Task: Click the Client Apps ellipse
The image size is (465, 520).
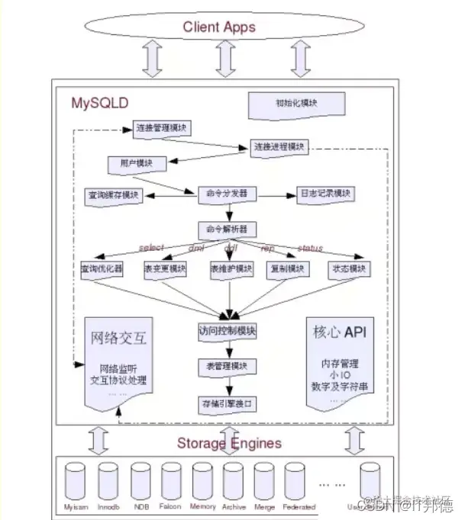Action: [x=218, y=28]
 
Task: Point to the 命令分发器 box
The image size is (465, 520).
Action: [x=227, y=194]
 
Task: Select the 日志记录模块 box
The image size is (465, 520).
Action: [x=326, y=194]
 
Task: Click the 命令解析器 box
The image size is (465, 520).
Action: [x=227, y=229]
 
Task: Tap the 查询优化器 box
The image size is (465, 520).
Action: [x=102, y=270]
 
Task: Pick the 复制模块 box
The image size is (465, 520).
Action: [x=288, y=270]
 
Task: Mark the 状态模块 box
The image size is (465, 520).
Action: [x=348, y=270]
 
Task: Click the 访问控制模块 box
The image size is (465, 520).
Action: [x=227, y=332]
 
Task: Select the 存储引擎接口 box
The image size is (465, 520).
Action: [x=227, y=402]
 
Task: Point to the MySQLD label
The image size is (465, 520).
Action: [x=100, y=101]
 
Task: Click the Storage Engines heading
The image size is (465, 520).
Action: [x=229, y=443]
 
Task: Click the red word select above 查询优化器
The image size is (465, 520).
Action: [x=151, y=249]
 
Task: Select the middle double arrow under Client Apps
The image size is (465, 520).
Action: [x=223, y=59]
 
